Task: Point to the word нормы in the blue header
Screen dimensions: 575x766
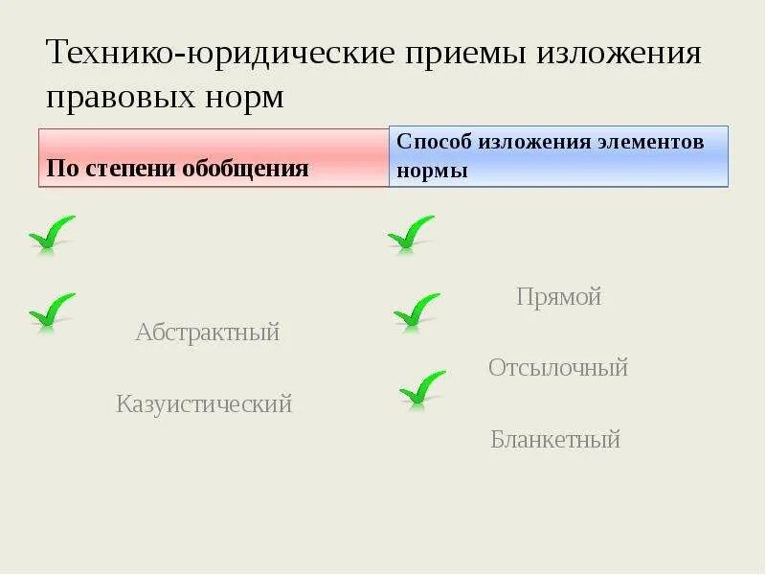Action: click(432, 172)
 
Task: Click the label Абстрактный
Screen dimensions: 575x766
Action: click(207, 333)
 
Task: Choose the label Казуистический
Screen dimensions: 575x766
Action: click(204, 404)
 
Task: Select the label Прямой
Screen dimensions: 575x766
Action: click(559, 297)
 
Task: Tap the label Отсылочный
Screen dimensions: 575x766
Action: click(558, 368)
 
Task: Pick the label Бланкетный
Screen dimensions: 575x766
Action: click(556, 440)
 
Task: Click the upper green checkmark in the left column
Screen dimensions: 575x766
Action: click(52, 234)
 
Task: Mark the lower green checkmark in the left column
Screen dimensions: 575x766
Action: click(52, 310)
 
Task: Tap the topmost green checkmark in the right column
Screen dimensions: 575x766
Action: click(411, 234)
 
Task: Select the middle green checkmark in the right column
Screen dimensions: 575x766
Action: click(417, 310)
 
